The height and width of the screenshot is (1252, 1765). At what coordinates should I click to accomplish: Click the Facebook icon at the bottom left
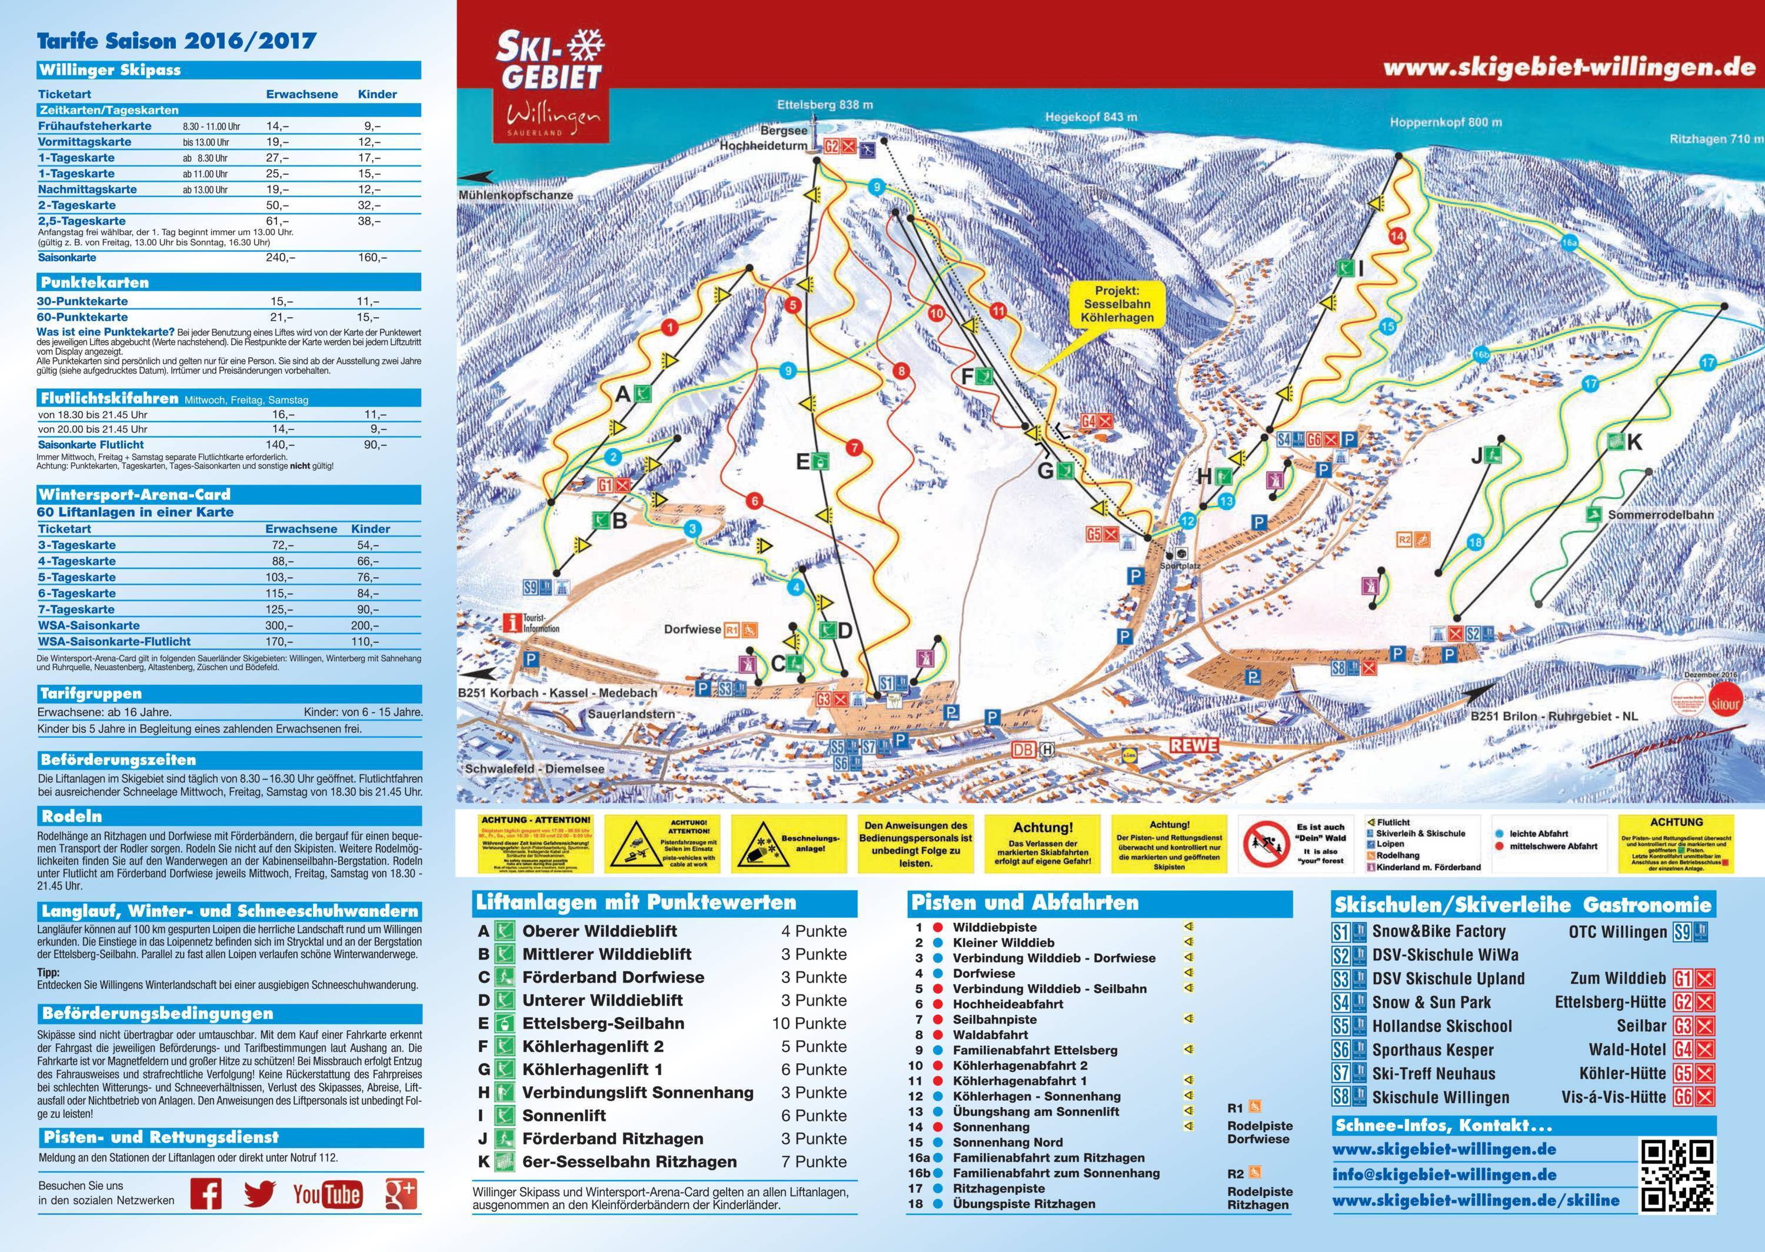[206, 1193]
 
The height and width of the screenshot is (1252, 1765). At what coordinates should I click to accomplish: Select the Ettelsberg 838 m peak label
[825, 105]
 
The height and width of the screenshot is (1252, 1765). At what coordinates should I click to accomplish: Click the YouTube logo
[328, 1194]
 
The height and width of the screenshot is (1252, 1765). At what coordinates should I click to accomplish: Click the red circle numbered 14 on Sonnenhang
[1397, 236]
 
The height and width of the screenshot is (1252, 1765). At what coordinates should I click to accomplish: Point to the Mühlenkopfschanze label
[515, 196]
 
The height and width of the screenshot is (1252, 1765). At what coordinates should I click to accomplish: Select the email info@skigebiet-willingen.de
[1444, 1175]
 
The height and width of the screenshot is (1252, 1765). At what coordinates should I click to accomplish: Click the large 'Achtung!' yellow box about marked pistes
[1043, 844]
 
